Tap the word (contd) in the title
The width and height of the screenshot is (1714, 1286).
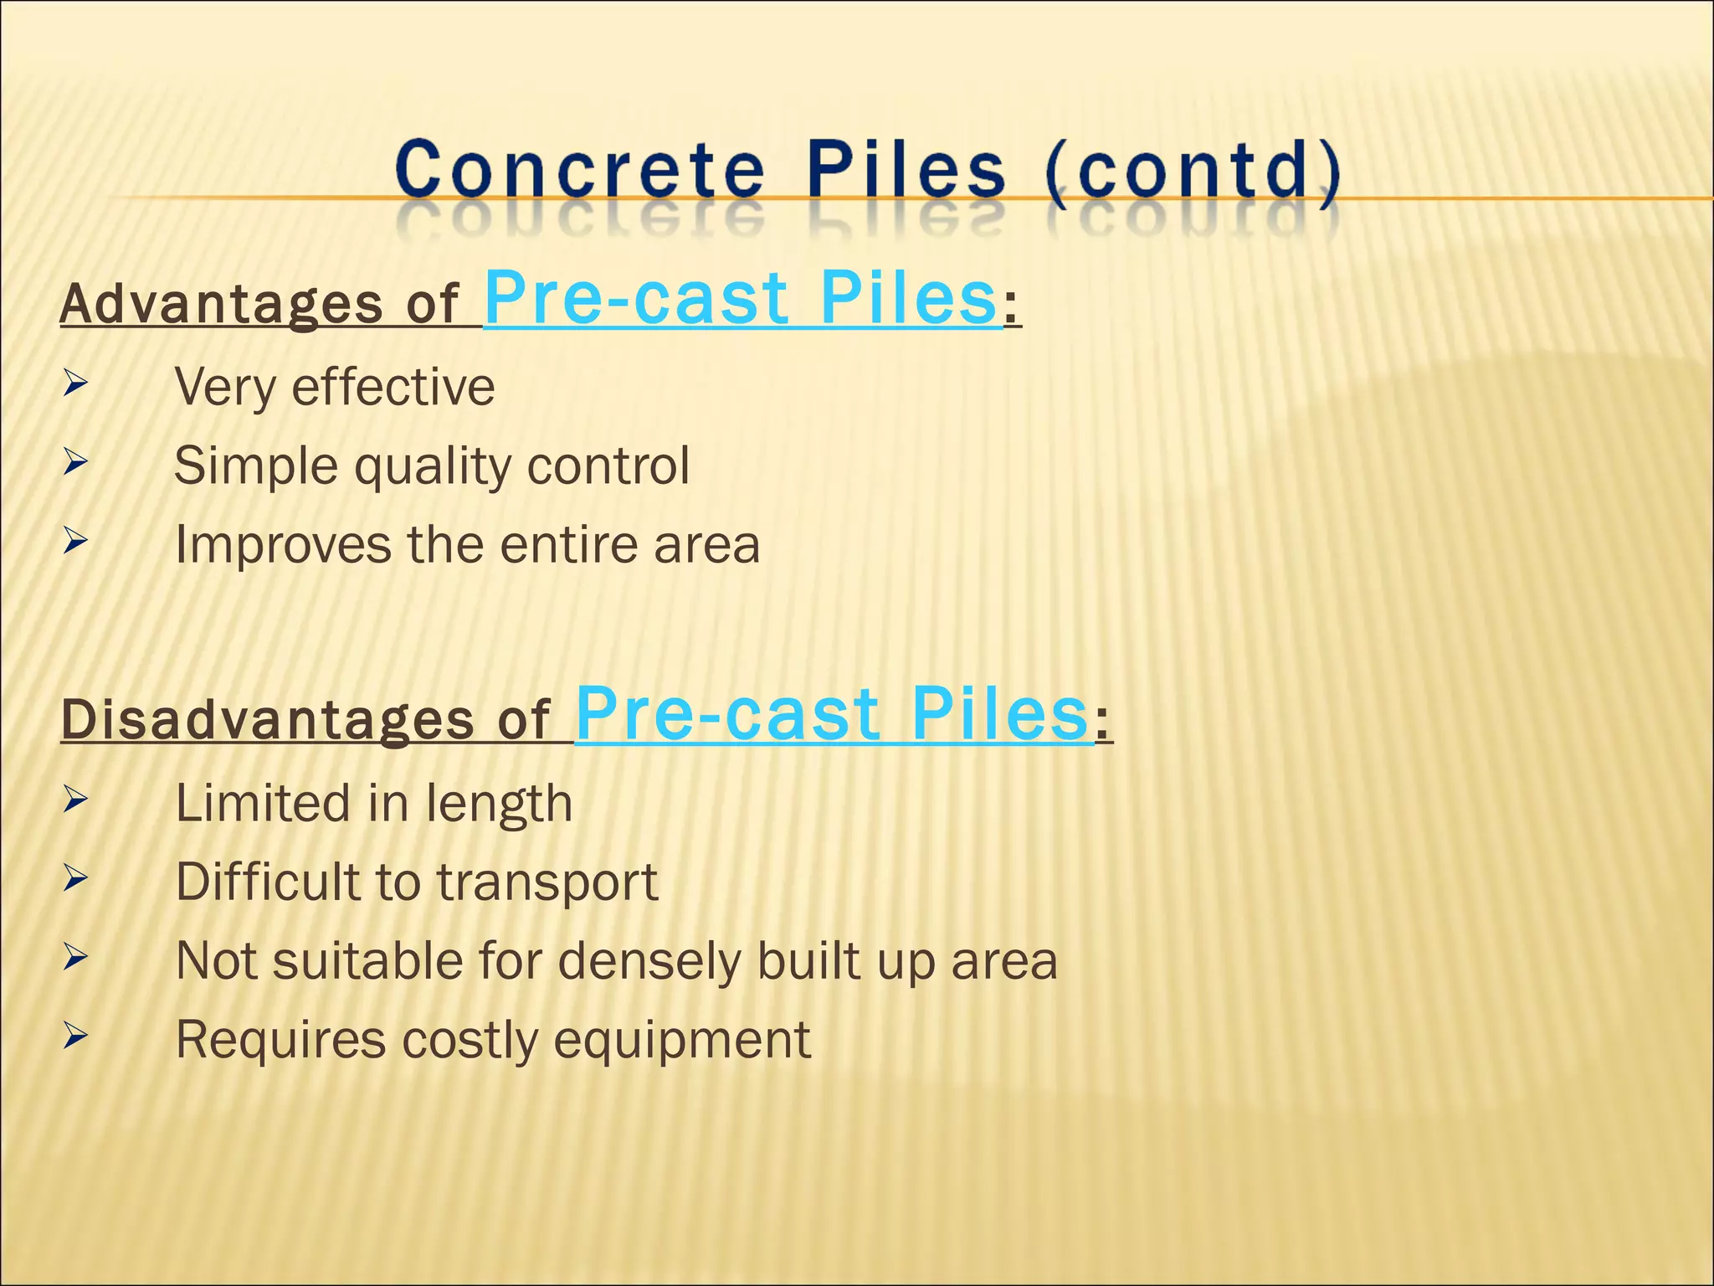coord(1192,172)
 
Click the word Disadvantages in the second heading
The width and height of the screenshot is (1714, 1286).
coord(267,720)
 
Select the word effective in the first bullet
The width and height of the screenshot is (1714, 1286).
coord(393,387)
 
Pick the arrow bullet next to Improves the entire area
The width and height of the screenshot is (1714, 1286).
coord(75,541)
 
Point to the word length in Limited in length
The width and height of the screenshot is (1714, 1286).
coord(499,805)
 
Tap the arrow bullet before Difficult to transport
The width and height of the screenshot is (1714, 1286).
coord(75,878)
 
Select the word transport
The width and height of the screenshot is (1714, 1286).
coord(548,883)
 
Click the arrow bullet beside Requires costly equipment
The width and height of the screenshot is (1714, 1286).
coord(75,1037)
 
